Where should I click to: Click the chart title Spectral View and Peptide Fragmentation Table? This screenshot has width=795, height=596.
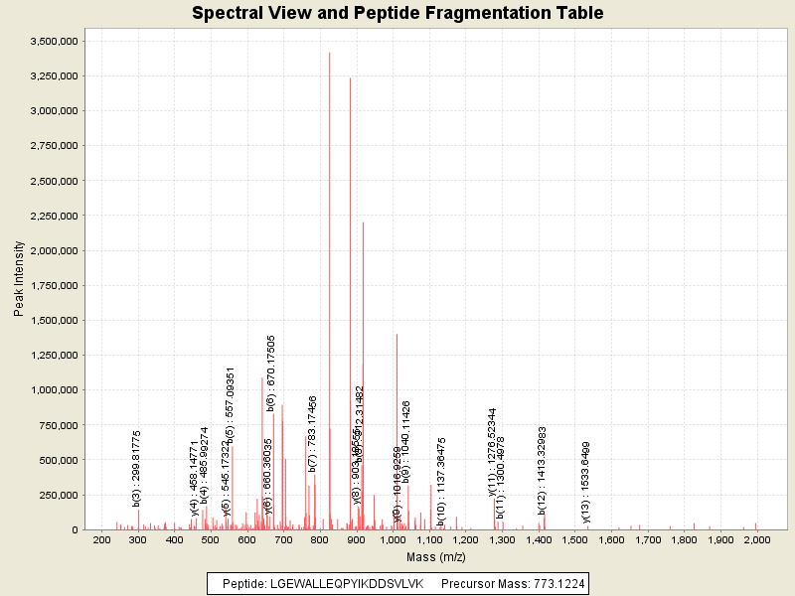[397, 13]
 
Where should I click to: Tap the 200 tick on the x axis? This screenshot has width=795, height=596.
[101, 539]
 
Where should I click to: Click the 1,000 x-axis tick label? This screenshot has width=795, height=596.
[393, 539]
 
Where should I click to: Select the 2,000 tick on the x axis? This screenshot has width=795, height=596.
[756, 539]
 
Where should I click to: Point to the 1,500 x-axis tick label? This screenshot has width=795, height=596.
[574, 539]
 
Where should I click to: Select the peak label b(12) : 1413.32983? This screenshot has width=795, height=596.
[543, 470]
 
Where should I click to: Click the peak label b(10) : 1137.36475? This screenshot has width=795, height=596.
[440, 482]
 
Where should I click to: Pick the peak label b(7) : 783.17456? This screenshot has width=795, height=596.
[312, 433]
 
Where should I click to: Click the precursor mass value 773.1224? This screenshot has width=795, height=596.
[551, 583]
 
